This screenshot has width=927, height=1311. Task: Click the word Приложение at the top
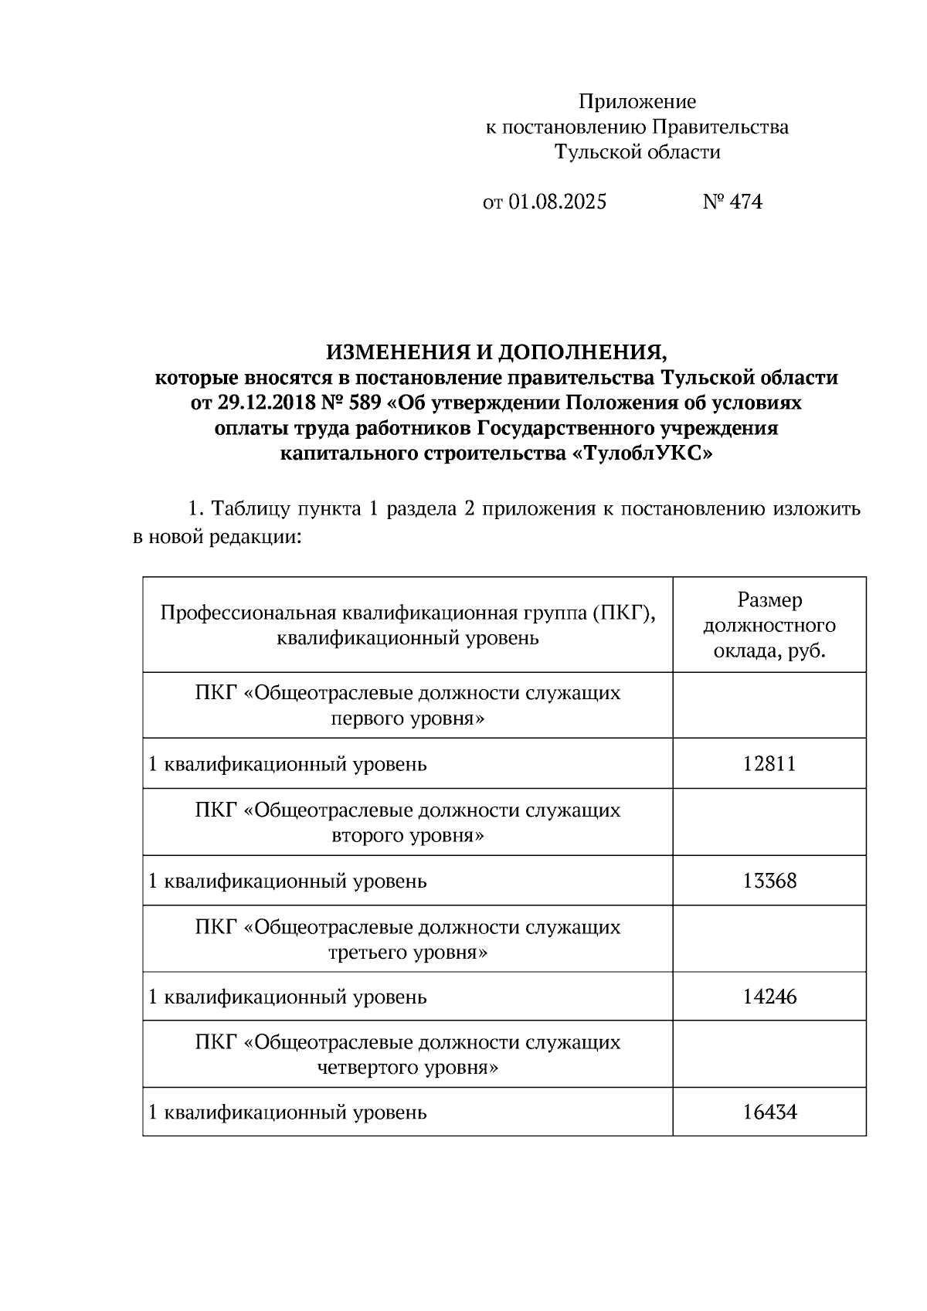pos(637,102)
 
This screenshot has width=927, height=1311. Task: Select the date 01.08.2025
pos(557,202)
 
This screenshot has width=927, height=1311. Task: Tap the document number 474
pos(745,202)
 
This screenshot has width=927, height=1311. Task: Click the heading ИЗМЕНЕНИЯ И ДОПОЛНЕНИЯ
pos(496,352)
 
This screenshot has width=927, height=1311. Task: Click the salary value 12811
pos(769,764)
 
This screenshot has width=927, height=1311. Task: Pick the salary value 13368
pos(769,881)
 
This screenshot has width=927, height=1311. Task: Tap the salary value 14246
pos(769,997)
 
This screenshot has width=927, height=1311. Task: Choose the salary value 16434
pos(769,1112)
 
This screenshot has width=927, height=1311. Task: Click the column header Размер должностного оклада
pos(769,625)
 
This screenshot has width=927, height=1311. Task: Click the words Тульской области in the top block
pos(637,152)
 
